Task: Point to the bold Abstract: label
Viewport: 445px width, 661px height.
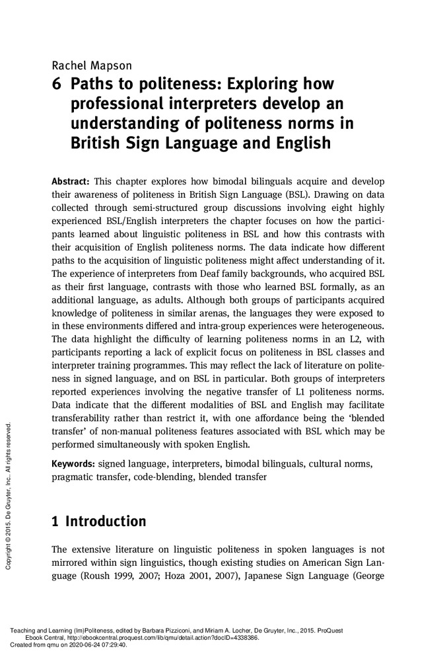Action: click(71, 181)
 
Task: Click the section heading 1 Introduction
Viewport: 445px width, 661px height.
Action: click(98, 522)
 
